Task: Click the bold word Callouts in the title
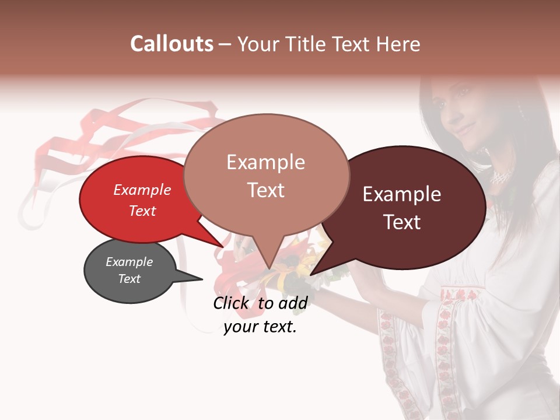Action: click(x=171, y=44)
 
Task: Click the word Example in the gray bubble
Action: click(x=129, y=262)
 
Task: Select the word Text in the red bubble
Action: click(x=142, y=211)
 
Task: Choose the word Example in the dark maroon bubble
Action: click(x=402, y=194)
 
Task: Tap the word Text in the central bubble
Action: click(x=266, y=190)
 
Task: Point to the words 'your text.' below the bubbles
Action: click(x=260, y=327)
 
